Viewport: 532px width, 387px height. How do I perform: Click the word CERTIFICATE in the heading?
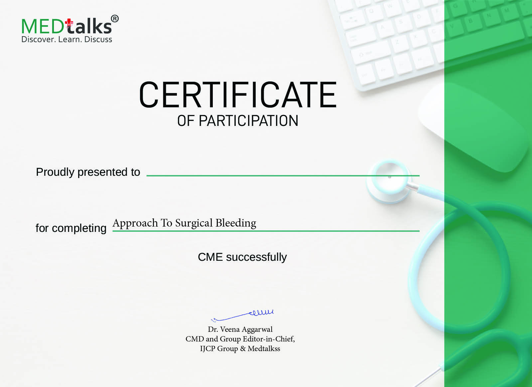pyautogui.click(x=238, y=95)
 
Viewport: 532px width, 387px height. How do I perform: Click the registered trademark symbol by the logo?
pyautogui.click(x=115, y=19)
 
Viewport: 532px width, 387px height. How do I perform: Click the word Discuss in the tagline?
pyautogui.click(x=98, y=40)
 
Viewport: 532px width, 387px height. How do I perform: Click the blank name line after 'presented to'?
pyautogui.click(x=283, y=176)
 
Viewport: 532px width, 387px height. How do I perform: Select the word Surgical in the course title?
pyautogui.click(x=194, y=223)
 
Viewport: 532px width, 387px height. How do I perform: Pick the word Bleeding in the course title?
pyautogui.click(x=236, y=223)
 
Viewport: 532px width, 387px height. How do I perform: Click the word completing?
pyautogui.click(x=79, y=229)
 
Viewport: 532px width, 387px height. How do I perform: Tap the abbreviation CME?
pyautogui.click(x=210, y=257)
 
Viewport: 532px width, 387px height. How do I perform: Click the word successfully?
pyautogui.click(x=256, y=257)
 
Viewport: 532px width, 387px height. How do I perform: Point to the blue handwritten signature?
pyautogui.click(x=242, y=315)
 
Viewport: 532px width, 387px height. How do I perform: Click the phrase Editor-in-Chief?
pyautogui.click(x=269, y=339)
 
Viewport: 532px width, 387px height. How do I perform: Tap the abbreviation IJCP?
pyautogui.click(x=207, y=348)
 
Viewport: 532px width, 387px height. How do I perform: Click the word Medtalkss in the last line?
pyautogui.click(x=264, y=348)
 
